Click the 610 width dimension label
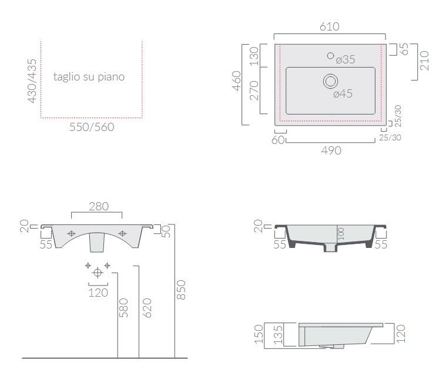[330, 26]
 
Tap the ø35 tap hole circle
[330, 56]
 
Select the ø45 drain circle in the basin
[330, 81]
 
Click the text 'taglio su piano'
[89, 77]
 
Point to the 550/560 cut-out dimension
[92, 127]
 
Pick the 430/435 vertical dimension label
[32, 80]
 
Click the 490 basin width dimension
[331, 150]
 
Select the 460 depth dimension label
[237, 81]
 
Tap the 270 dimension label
[254, 90]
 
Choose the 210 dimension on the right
[424, 61]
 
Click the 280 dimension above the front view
[99, 206]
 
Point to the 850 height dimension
[181, 290]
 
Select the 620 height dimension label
[147, 308]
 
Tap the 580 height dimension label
[123, 308]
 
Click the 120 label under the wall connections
[98, 293]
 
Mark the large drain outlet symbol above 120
[98, 273]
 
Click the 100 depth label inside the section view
[341, 234]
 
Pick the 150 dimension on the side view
[259, 334]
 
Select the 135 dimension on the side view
[278, 334]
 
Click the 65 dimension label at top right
[404, 49]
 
